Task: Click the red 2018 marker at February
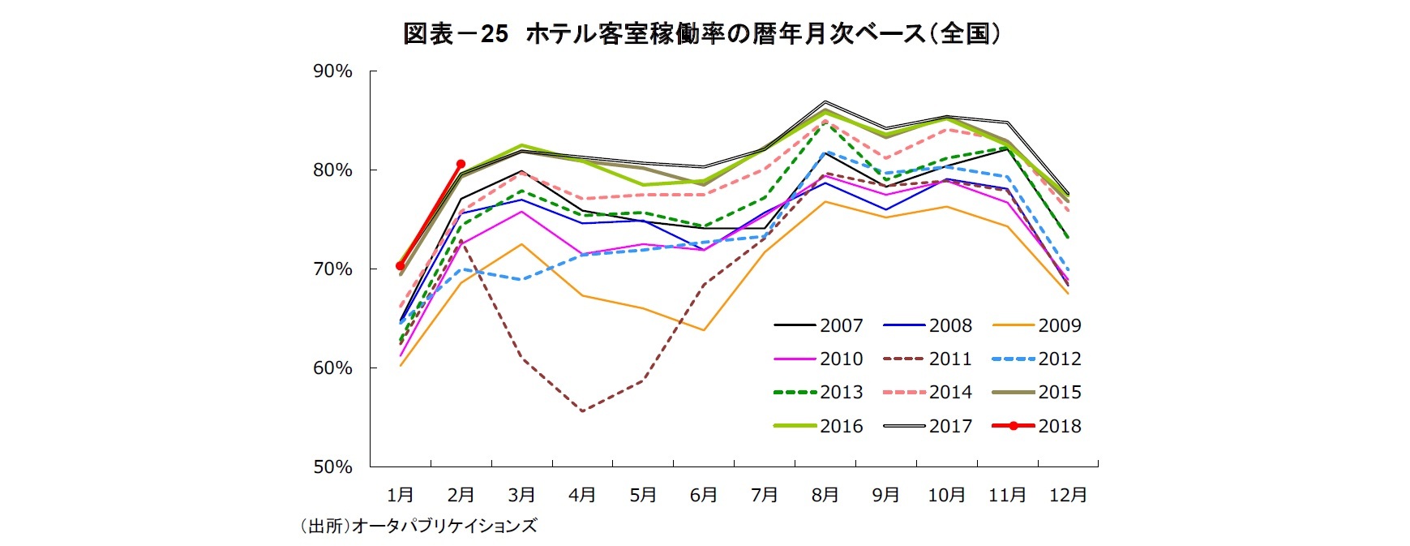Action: click(x=461, y=164)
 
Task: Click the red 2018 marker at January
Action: click(x=400, y=266)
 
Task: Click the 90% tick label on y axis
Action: click(x=332, y=71)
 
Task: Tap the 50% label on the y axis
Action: click(x=332, y=466)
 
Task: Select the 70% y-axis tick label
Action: click(x=332, y=269)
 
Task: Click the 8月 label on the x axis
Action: click(x=825, y=494)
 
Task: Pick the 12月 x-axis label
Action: click(x=1068, y=494)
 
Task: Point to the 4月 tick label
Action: click(x=582, y=494)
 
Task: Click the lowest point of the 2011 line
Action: click(x=582, y=411)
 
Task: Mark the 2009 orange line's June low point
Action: click(x=704, y=330)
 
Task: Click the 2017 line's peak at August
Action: click(x=825, y=102)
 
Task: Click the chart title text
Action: click(x=702, y=33)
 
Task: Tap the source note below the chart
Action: click(x=418, y=526)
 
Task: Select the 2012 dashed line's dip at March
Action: click(x=521, y=279)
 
